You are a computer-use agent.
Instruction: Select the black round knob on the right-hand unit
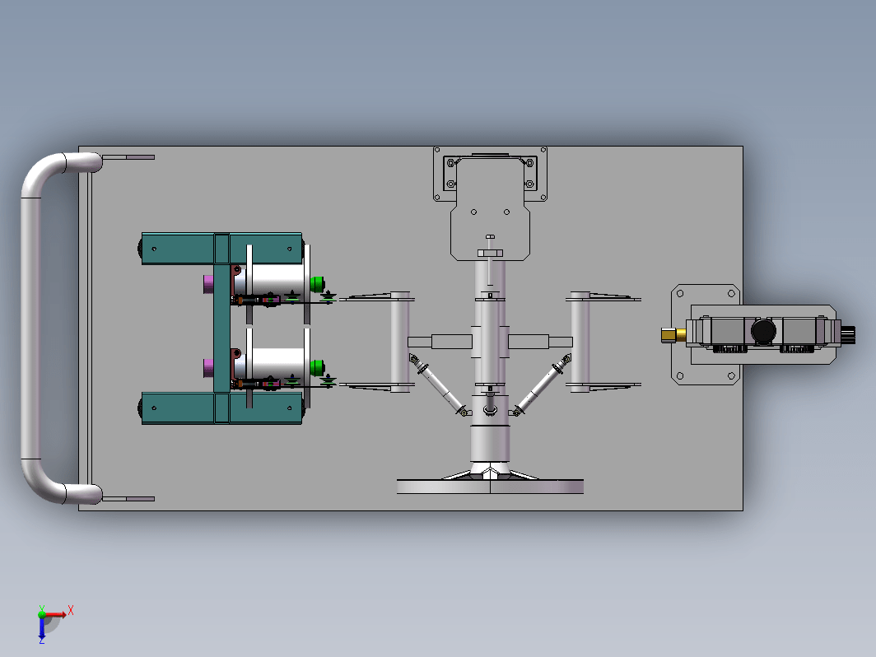(763, 331)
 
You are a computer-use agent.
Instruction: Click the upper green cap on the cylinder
(317, 284)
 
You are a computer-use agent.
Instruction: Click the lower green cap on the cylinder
(317, 367)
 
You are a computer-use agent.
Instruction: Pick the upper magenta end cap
(208, 284)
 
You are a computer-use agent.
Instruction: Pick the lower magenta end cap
(208, 367)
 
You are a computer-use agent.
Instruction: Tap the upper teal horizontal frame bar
(221, 248)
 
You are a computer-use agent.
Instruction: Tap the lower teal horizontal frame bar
(221, 408)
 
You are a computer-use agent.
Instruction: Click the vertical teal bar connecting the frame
(221, 328)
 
